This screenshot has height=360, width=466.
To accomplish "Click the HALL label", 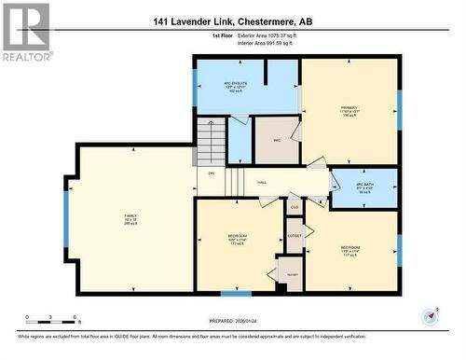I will tap(262, 182).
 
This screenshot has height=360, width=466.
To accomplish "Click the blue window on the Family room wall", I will tap(66, 218).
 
